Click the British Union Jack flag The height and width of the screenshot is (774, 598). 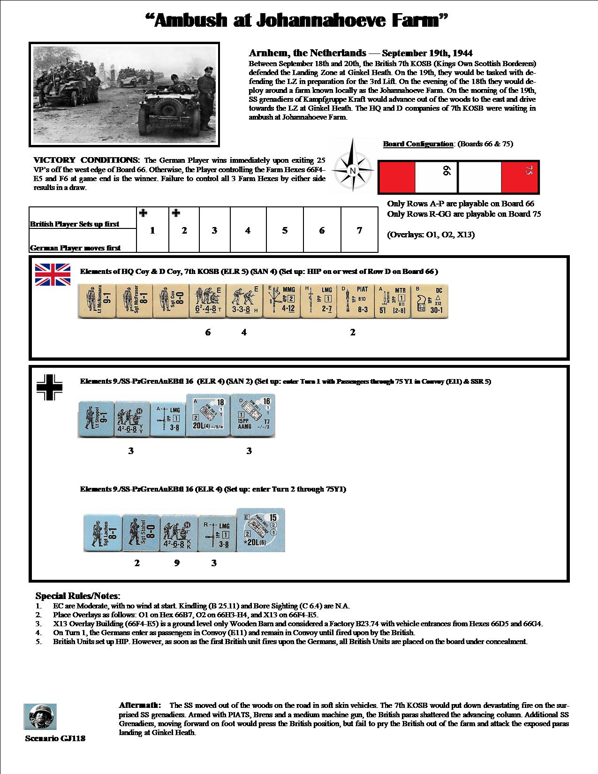tap(53, 274)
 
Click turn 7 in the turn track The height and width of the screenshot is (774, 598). tap(359, 230)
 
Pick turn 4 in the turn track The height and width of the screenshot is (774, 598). tap(248, 230)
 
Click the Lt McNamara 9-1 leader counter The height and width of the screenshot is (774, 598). tap(96, 301)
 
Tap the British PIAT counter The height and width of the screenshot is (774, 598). tap(355, 301)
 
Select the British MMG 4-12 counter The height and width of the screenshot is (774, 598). tap(281, 301)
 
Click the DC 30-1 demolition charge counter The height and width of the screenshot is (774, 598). tap(429, 301)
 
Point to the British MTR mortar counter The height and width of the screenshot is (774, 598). tap(392, 301)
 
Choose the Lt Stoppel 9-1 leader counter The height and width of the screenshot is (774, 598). tap(96, 419)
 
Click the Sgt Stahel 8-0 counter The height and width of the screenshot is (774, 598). tap(140, 532)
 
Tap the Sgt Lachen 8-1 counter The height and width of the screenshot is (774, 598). tap(102, 532)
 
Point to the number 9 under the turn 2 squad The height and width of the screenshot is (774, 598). tap(177, 563)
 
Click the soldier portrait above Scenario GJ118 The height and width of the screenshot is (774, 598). tap(40, 717)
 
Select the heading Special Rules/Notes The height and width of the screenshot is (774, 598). tap(78, 596)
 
